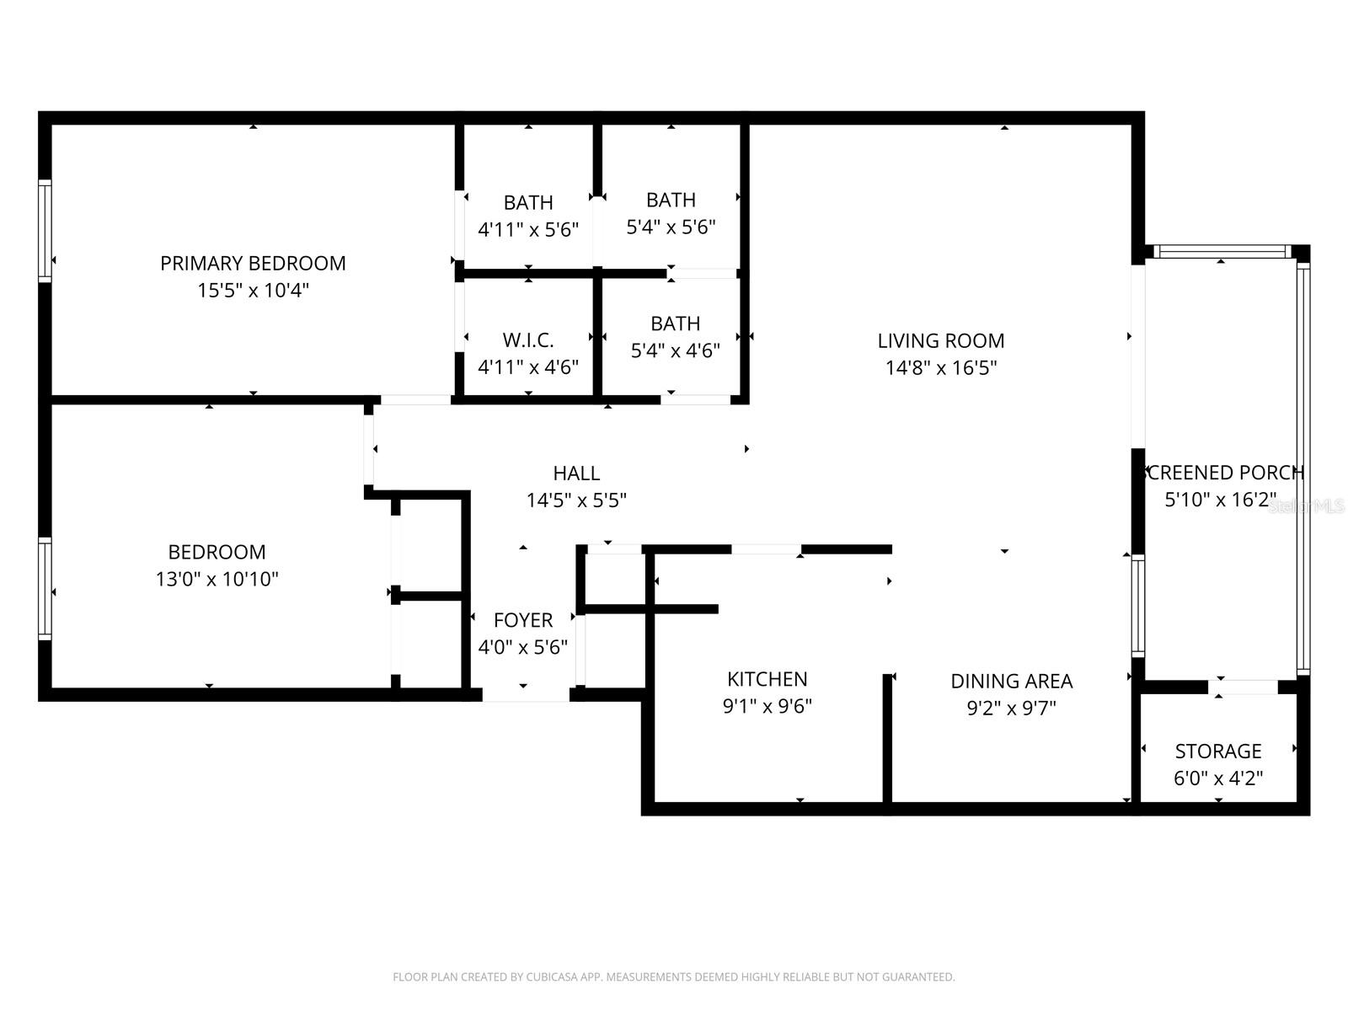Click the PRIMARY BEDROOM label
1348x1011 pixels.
point(253,264)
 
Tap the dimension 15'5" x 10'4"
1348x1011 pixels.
point(253,291)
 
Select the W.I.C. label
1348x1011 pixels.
point(528,340)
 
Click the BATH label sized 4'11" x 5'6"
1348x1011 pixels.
point(528,203)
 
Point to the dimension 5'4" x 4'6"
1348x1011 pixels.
point(675,350)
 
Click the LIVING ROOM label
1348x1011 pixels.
point(940,341)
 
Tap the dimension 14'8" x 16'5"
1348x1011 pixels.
point(940,368)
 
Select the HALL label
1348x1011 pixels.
point(576,473)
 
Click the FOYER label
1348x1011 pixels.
point(523,621)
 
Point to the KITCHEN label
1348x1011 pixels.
point(767,679)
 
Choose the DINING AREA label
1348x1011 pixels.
point(1011,681)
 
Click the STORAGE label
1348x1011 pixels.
point(1217,751)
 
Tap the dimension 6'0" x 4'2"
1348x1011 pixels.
point(1217,778)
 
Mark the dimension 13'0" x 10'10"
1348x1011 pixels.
point(217,580)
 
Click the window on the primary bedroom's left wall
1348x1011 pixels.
point(45,229)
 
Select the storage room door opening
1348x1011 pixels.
point(1244,687)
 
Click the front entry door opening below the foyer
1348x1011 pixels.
point(526,695)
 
